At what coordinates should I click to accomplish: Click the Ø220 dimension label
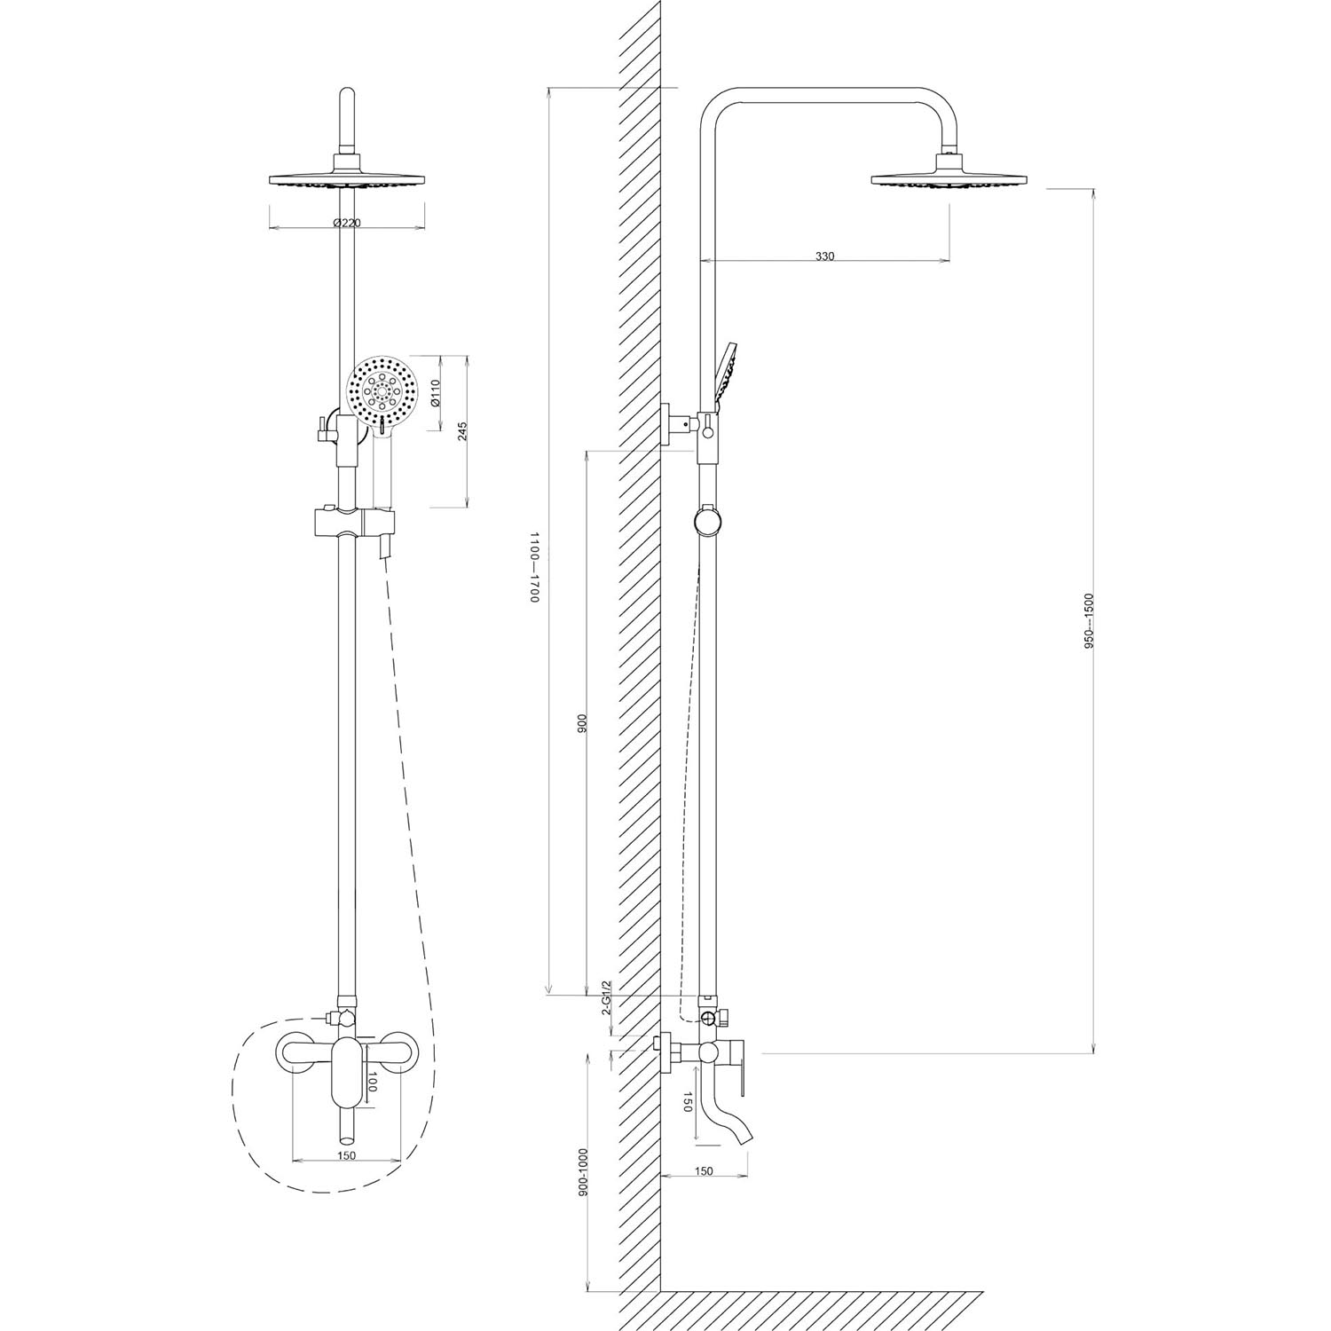coord(347,223)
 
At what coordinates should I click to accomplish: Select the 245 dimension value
coord(462,431)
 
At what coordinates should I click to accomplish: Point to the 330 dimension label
coord(824,256)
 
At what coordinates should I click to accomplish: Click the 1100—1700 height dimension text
coord(534,569)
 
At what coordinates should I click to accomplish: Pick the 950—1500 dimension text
coord(1090,620)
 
